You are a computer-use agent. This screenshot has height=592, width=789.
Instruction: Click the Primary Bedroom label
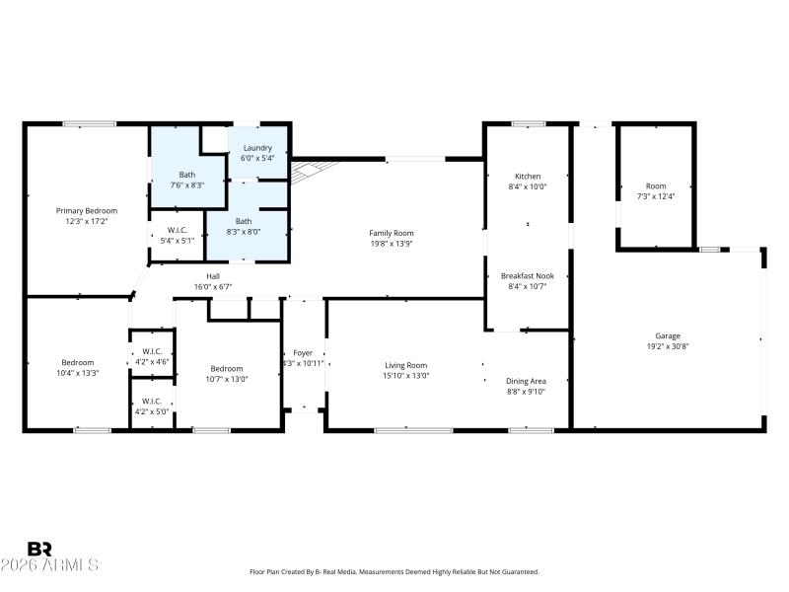point(87,210)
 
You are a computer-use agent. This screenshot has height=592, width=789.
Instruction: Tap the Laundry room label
point(244,146)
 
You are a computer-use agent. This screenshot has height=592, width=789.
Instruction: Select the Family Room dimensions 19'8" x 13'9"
point(392,243)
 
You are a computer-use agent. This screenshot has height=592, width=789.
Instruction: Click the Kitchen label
point(527,176)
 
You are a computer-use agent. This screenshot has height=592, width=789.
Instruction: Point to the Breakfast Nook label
point(527,276)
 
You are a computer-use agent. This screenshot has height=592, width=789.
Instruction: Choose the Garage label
point(668,335)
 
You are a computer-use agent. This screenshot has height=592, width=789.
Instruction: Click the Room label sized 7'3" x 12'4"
point(656,185)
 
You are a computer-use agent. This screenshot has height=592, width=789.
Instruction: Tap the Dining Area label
point(526,381)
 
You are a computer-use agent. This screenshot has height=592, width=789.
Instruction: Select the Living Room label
point(405,365)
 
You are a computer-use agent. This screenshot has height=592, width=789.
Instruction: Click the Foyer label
point(303,352)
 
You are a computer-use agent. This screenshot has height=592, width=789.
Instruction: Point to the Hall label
point(212,276)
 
